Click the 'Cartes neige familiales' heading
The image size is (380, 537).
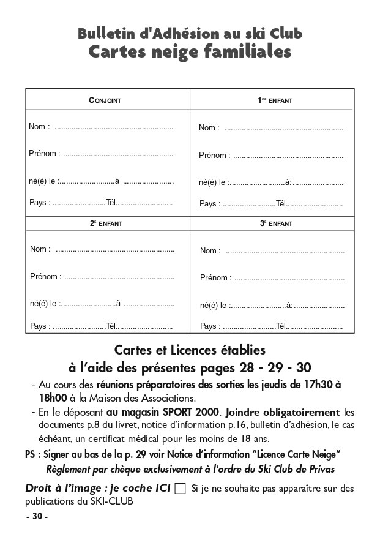(x=190, y=53)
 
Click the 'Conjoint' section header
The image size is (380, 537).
(x=105, y=100)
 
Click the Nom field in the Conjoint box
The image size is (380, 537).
(x=114, y=127)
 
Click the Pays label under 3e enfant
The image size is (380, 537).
(x=209, y=326)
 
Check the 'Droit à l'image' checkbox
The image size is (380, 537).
(x=180, y=489)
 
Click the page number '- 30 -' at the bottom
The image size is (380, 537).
(x=37, y=517)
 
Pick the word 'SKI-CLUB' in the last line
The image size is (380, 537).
(x=113, y=501)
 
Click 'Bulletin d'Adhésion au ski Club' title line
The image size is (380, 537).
(x=190, y=34)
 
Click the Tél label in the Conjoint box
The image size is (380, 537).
(x=111, y=203)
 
